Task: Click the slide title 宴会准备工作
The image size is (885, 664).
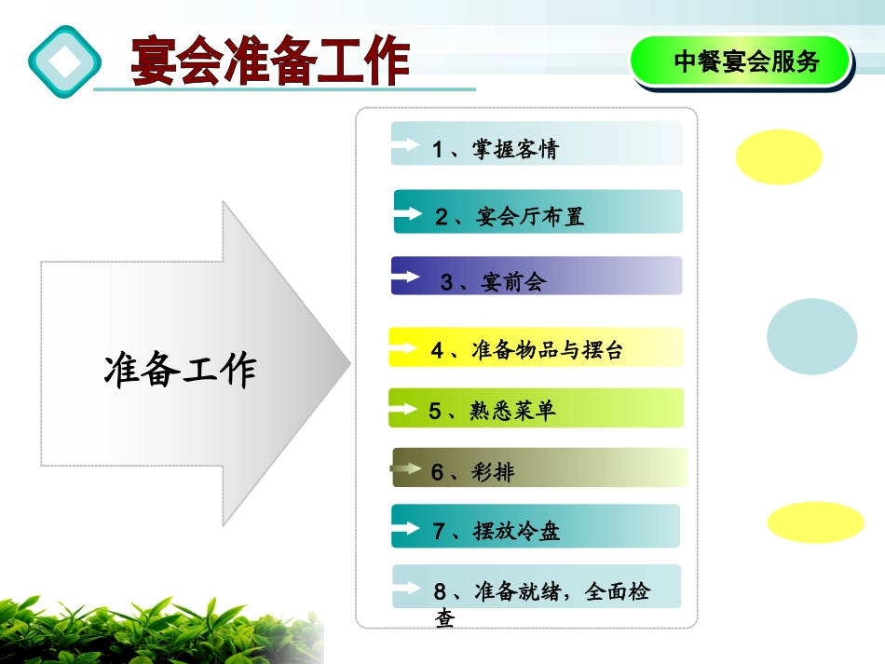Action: [270, 61]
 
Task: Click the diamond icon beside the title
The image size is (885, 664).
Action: [63, 61]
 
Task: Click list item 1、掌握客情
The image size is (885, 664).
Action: [536, 147]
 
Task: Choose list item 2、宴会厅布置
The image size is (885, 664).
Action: [538, 215]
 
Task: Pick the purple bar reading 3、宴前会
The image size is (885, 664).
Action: [536, 279]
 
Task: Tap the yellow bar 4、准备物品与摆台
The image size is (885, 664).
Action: [536, 349]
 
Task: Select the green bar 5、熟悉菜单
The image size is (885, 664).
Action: [536, 410]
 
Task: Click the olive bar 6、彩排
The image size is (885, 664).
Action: [538, 471]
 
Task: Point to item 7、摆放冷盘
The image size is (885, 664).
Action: [536, 530]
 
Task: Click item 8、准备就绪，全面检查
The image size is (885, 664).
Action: [540, 593]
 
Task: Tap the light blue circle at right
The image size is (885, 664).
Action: [811, 336]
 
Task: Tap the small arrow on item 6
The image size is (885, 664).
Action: [406, 470]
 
